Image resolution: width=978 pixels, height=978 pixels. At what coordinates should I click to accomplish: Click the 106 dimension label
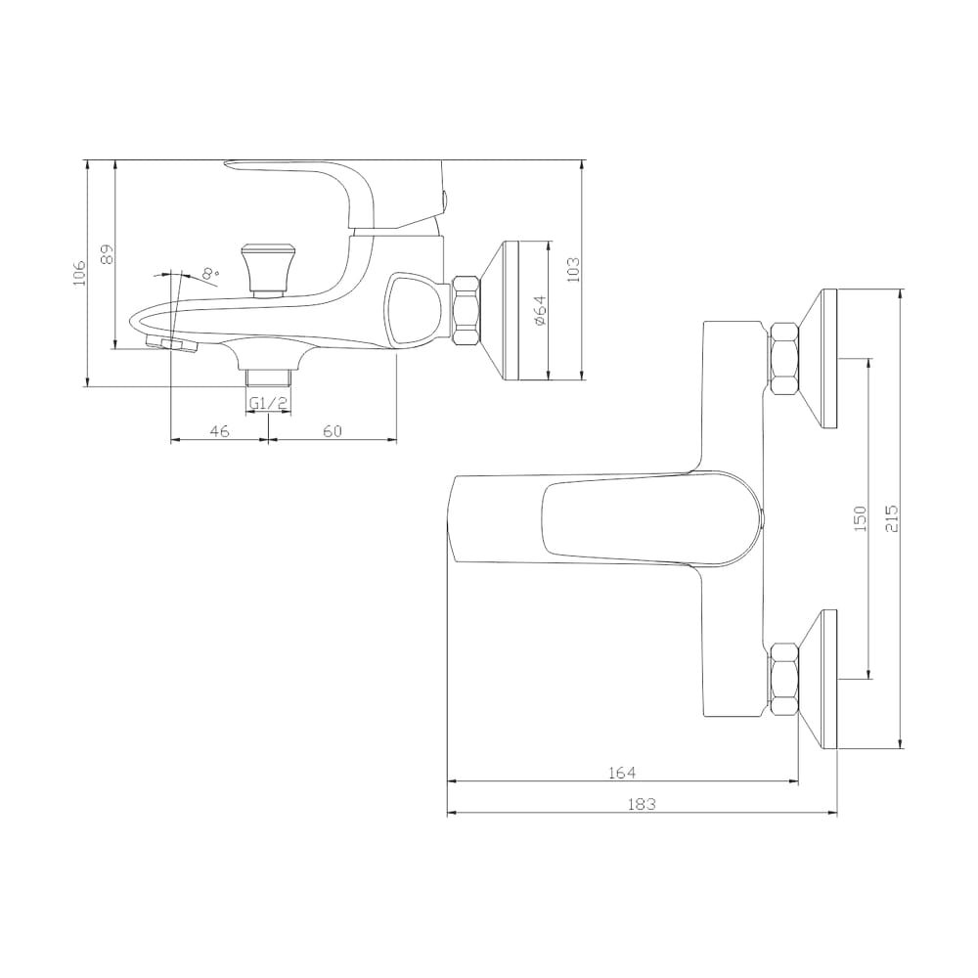pos(78,273)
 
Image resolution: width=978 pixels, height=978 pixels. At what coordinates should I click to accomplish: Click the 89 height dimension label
pos(108,254)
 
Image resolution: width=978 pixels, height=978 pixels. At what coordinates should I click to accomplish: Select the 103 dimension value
pos(573,270)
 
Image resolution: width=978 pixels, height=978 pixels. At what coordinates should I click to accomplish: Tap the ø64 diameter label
pos(540,309)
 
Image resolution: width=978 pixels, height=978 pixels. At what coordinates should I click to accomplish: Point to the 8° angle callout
pos(211,273)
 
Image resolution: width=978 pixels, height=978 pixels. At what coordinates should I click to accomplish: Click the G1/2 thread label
pos(268,404)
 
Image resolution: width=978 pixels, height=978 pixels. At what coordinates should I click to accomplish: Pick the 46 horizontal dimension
pos(219,430)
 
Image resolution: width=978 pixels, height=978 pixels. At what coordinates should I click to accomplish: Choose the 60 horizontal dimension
pos(333,430)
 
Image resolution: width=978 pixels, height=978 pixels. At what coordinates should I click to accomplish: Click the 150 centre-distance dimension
pos(860,518)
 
